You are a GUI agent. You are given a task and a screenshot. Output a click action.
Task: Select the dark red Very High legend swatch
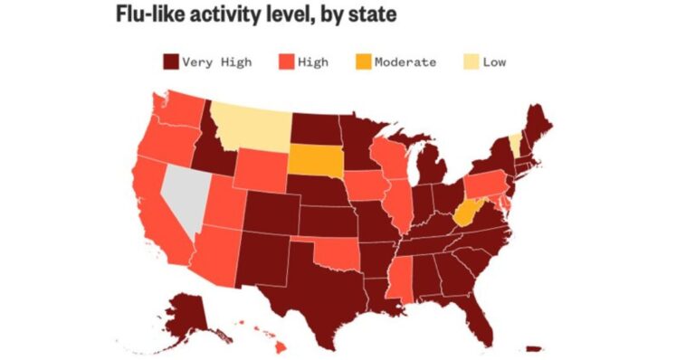coord(169,62)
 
